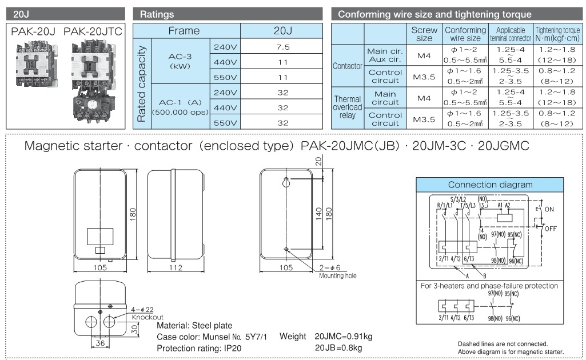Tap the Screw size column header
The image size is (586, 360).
coord(424,34)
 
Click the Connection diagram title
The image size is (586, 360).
coord(490,185)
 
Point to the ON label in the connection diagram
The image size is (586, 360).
coord(549,210)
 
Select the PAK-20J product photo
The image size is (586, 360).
coord(33,66)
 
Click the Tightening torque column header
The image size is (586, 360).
coord(558,34)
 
